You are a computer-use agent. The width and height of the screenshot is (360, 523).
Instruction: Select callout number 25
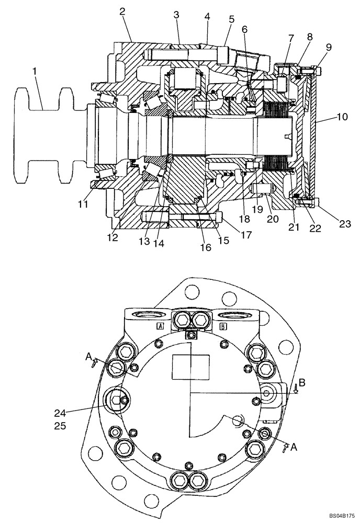[60, 426]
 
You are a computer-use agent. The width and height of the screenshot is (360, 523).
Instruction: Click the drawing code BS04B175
[339, 516]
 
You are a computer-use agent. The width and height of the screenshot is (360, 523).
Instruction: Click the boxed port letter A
[161, 326]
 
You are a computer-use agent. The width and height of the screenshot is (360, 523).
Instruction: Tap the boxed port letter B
[223, 326]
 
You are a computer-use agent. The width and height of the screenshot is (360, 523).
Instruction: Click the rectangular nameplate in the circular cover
[191, 366]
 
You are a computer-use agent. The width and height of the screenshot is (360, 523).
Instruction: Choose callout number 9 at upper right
[329, 47]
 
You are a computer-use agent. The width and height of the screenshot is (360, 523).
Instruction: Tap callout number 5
[231, 19]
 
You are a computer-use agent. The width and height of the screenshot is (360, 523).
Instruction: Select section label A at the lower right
[294, 447]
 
